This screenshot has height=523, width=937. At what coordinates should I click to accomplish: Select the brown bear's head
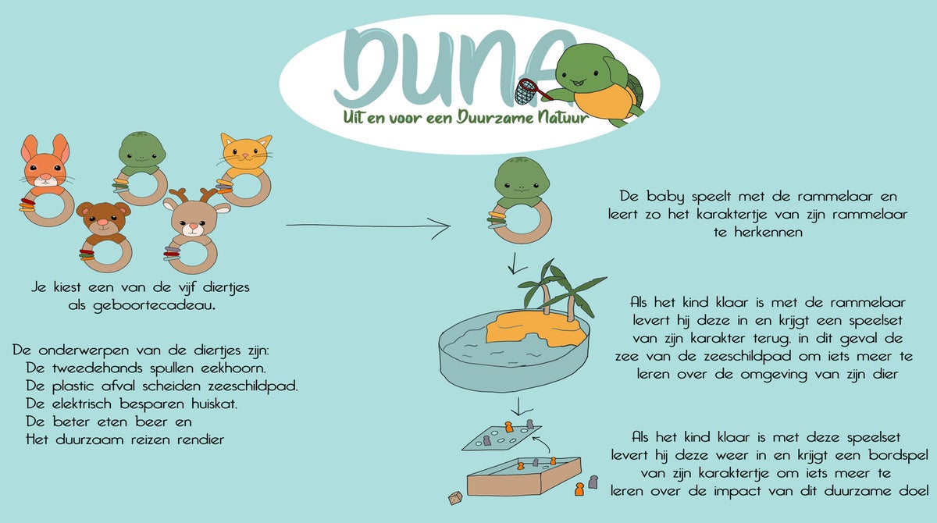pos(103,220)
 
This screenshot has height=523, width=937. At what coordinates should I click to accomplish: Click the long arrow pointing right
pos(368,226)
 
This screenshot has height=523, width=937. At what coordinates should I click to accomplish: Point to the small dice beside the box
pos(455,498)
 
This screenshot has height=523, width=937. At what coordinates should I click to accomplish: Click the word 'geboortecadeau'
pos(153,306)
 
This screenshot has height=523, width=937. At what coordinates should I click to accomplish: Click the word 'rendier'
pos(201,439)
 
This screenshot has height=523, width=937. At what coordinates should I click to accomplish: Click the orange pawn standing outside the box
pos(579,489)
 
